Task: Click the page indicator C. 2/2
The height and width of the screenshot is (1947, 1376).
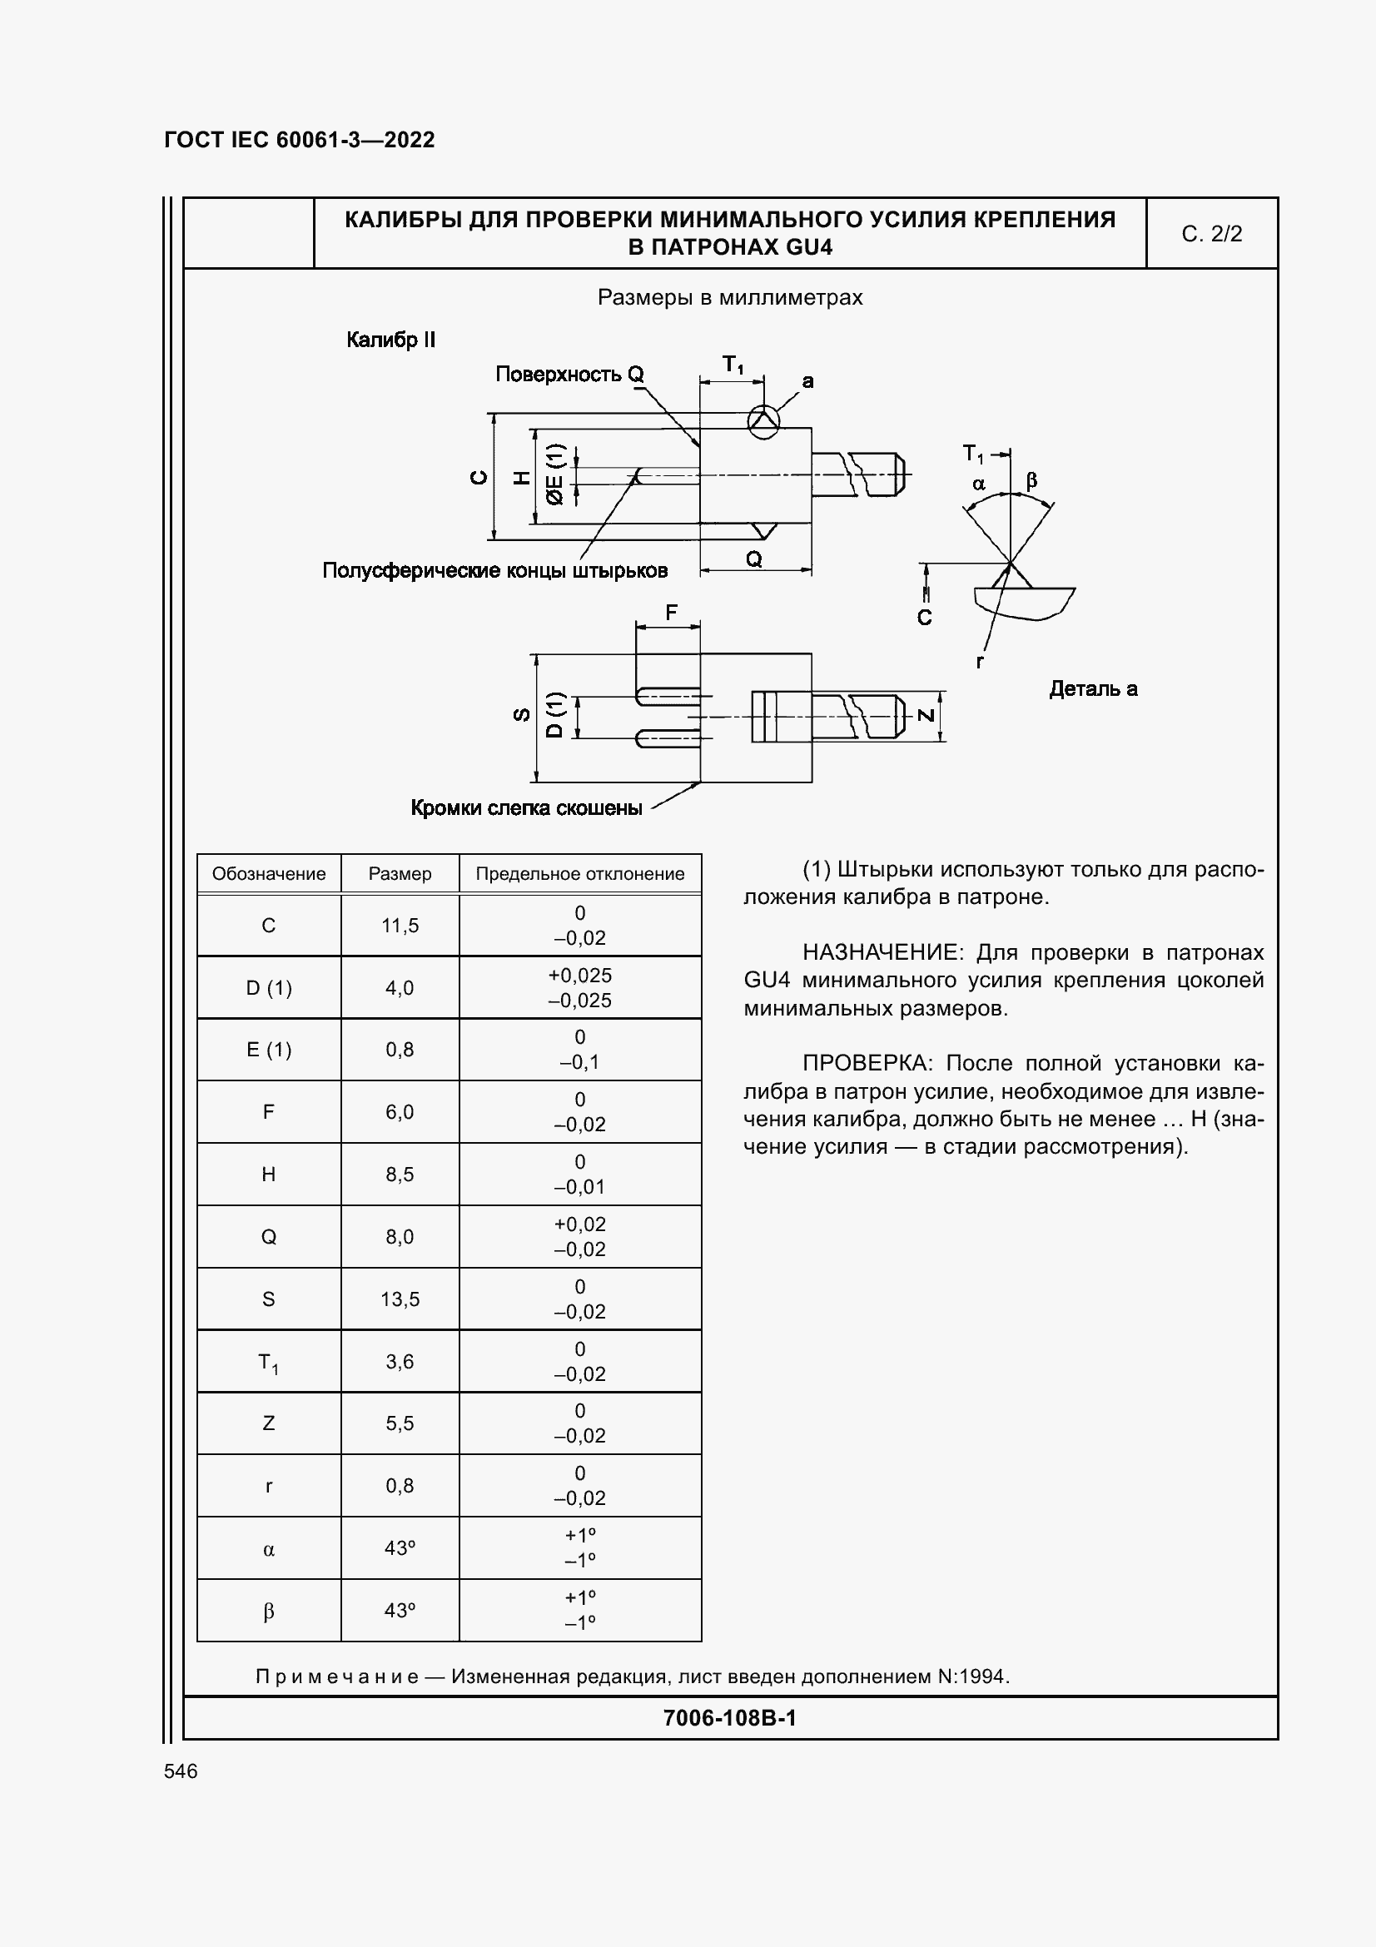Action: point(1211,234)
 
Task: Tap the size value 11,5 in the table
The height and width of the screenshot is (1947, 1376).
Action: point(400,925)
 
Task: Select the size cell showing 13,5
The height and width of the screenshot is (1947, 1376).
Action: point(400,1299)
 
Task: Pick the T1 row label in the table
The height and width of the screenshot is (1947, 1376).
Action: point(268,1362)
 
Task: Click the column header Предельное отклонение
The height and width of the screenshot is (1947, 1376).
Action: point(580,873)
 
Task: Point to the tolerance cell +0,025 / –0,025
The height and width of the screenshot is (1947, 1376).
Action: point(580,987)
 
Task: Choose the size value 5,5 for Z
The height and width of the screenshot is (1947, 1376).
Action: point(400,1423)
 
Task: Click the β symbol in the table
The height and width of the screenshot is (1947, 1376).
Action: point(268,1611)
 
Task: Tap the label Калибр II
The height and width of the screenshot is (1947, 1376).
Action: point(391,340)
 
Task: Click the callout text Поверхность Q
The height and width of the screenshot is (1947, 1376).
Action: point(569,374)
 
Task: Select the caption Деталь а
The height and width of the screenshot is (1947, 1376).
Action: point(1093,688)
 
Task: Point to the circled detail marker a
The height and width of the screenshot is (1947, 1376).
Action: point(763,420)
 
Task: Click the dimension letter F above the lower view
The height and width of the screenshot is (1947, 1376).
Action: point(672,613)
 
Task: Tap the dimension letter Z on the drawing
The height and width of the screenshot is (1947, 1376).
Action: point(926,716)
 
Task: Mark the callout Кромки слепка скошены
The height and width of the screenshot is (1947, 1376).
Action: point(526,808)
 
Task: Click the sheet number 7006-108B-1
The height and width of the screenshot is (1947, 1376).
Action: point(730,1718)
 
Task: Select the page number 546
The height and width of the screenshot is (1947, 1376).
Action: point(181,1771)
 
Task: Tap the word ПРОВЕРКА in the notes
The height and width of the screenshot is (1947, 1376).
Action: point(866,1063)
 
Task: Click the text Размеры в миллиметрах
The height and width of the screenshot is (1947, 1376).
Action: point(730,298)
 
